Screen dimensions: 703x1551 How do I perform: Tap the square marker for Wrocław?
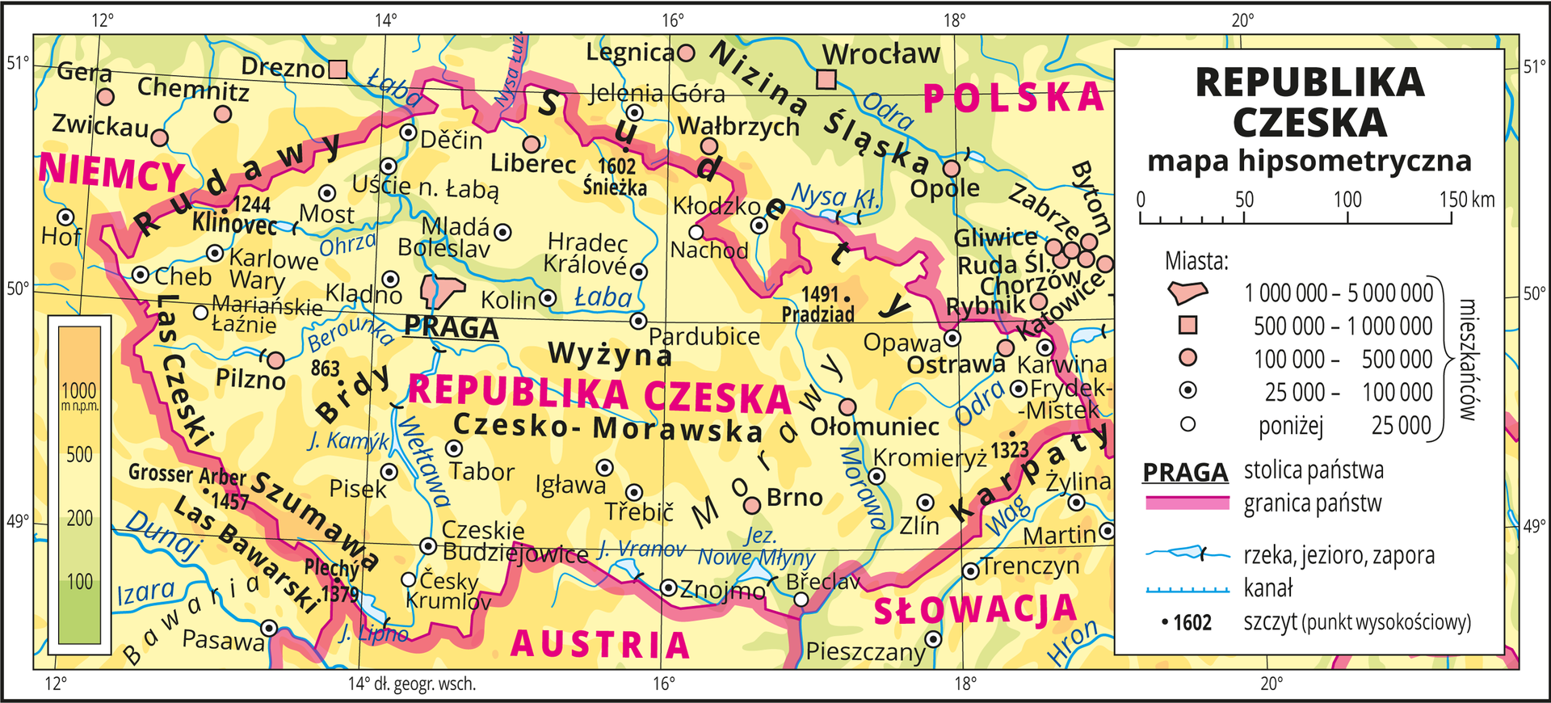pos(826,79)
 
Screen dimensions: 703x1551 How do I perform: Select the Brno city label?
pos(794,497)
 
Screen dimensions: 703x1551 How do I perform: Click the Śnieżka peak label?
pos(615,187)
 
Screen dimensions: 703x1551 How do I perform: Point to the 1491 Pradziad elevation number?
pos(820,294)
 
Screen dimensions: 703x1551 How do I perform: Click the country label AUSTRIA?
pos(600,645)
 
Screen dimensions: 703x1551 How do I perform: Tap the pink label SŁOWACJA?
pos(975,610)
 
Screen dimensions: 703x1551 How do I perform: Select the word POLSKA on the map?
pos(1013,99)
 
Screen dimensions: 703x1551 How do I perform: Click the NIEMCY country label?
pos(111,172)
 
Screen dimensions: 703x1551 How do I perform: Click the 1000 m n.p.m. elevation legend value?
pos(79,391)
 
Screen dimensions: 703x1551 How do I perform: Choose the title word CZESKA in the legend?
pos(1309,123)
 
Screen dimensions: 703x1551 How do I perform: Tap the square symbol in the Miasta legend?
pos(1187,326)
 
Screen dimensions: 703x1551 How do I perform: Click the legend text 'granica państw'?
pos(1313,503)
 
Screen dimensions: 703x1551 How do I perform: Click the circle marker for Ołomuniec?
pos(847,406)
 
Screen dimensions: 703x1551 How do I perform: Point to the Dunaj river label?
pos(162,535)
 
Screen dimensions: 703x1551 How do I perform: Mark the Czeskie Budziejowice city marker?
pos(429,546)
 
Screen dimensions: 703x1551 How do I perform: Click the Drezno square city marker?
pos(338,69)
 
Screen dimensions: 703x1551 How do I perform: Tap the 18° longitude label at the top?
pos(954,20)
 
